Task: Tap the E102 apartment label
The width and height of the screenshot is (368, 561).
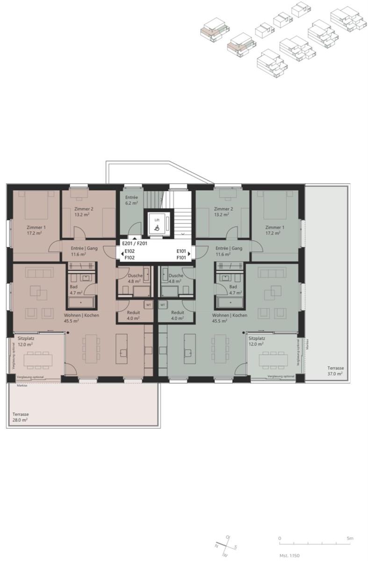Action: [130, 251]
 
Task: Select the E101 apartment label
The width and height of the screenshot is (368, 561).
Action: [181, 251]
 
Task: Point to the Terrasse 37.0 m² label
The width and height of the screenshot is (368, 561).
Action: [334, 371]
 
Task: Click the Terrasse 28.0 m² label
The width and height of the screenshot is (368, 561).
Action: [20, 417]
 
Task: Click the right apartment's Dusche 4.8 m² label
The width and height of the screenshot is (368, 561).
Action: [176, 279]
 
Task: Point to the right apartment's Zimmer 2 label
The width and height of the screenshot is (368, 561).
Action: [223, 212]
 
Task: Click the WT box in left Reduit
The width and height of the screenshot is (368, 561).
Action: [148, 305]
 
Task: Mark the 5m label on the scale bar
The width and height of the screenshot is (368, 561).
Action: [350, 539]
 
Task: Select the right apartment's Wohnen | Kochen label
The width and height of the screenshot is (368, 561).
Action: [230, 318]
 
